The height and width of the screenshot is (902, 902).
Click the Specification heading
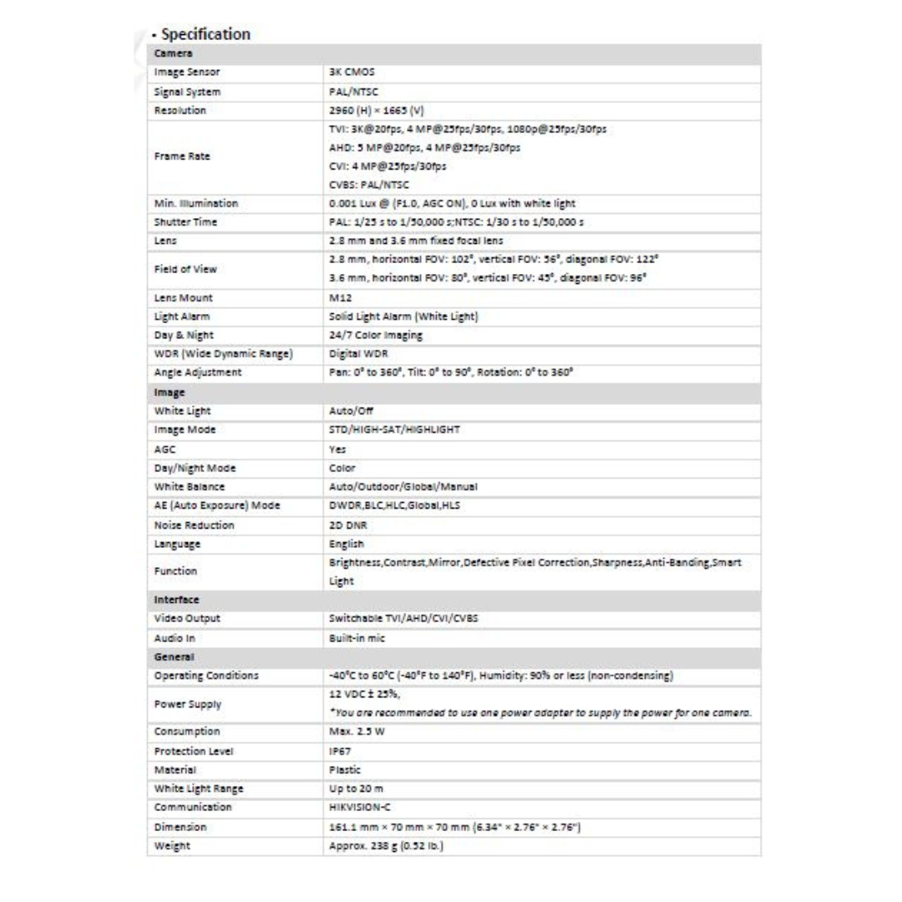pos(205,34)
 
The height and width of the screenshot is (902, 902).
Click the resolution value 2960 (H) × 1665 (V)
pos(378,110)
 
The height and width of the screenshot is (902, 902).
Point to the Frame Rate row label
pos(181,156)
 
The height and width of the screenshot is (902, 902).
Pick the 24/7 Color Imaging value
pos(376,335)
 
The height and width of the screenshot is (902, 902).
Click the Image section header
pos(170,392)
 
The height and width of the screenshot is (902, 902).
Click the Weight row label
pos(173,845)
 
